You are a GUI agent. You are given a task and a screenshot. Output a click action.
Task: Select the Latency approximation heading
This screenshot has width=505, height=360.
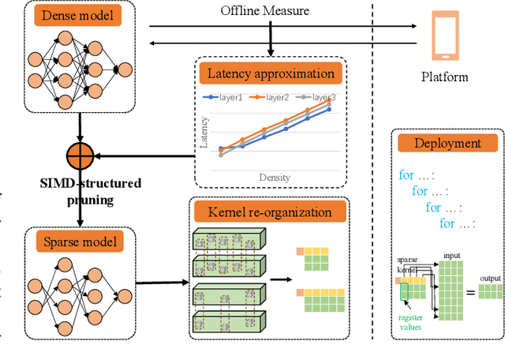pos(271,75)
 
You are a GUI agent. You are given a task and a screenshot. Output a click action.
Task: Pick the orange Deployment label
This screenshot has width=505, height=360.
pos(447,144)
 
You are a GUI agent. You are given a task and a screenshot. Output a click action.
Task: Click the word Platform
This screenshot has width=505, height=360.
pos(444,77)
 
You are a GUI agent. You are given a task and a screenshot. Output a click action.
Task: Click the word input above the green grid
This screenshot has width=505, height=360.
pos(452,255)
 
